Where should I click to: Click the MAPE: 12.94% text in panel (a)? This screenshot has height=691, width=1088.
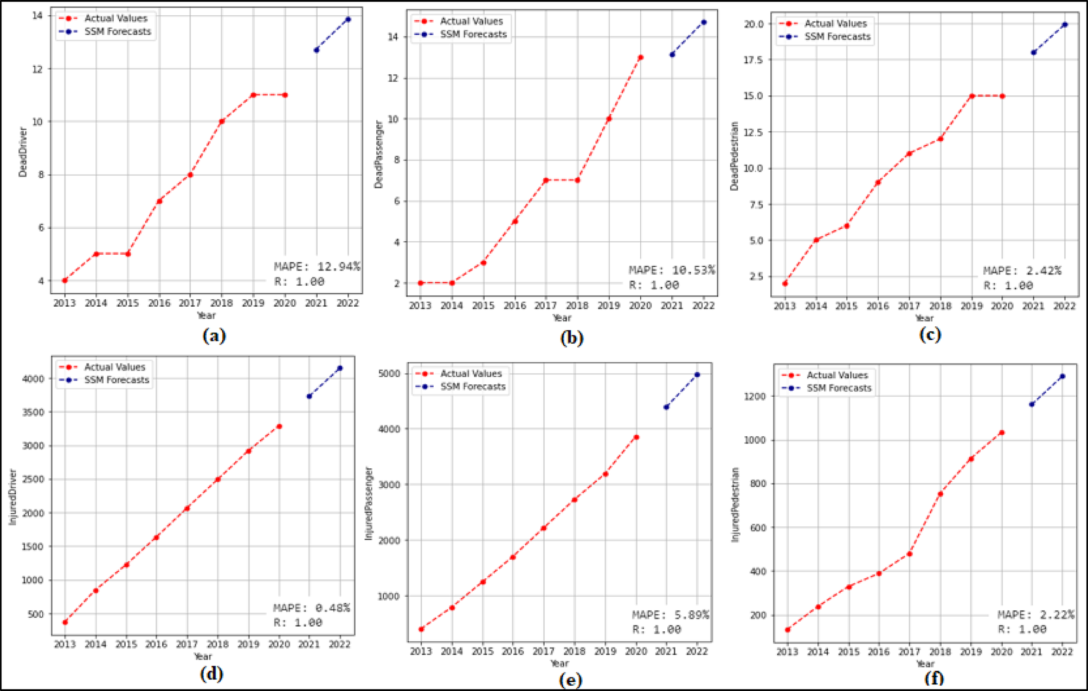(x=317, y=267)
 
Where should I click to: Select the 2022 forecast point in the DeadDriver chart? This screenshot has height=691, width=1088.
(x=348, y=20)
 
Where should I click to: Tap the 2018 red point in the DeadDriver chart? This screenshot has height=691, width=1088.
(x=222, y=121)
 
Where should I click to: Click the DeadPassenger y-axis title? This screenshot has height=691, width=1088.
(x=379, y=154)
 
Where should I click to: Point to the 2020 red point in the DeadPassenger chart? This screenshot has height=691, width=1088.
(x=640, y=57)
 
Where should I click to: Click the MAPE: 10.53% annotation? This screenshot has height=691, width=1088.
(x=672, y=270)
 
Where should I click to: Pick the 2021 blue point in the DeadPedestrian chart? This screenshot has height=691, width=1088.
(x=1034, y=53)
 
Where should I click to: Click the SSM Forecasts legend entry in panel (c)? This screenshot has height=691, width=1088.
(x=837, y=37)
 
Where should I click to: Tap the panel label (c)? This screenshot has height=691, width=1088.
(x=930, y=334)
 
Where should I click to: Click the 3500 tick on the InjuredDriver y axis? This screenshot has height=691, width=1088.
(x=33, y=412)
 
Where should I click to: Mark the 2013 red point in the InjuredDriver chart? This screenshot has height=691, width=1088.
(x=65, y=622)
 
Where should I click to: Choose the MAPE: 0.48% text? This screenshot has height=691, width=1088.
(x=312, y=608)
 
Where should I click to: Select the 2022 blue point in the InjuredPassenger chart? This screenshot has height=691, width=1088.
(x=697, y=374)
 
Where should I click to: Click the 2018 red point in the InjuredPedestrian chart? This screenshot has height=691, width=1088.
(x=941, y=494)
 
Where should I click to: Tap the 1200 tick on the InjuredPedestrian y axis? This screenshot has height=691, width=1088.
(x=756, y=397)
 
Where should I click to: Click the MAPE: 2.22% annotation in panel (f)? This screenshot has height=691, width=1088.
(x=1035, y=615)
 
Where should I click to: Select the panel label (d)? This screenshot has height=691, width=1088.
(x=211, y=674)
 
